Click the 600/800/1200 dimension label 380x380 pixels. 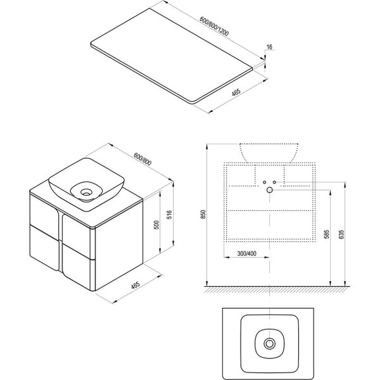[214, 26]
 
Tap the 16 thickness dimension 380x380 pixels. [269, 47]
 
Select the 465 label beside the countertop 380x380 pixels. [236, 92]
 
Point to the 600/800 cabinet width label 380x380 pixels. [142, 159]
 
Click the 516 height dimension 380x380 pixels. [170, 215]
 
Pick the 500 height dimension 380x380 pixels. [157, 225]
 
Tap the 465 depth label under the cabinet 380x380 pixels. [136, 285]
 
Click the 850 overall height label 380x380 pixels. [203, 214]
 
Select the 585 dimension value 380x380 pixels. [326, 234]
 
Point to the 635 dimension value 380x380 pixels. [341, 234]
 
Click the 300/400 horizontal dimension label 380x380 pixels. [247, 254]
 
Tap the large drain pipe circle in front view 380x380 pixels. [270, 190]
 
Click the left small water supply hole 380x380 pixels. [264, 182]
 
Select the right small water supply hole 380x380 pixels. [274, 182]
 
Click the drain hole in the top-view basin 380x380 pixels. [269, 343]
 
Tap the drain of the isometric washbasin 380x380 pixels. [86, 193]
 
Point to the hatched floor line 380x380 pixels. [277, 289]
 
